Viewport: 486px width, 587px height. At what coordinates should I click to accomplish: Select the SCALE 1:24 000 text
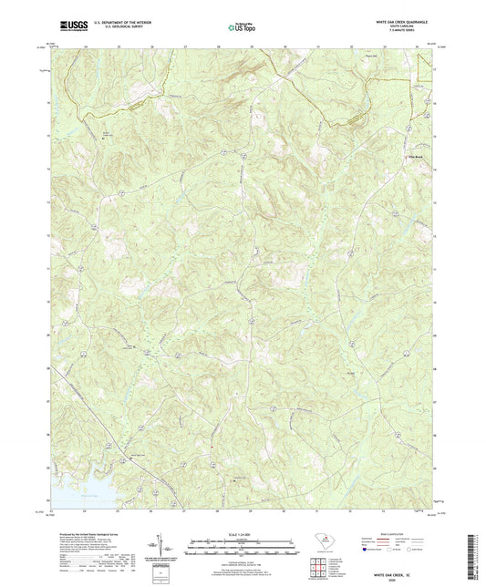pyautogui.click(x=243, y=533)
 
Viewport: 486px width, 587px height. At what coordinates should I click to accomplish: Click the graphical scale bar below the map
pyautogui.click(x=243, y=548)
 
